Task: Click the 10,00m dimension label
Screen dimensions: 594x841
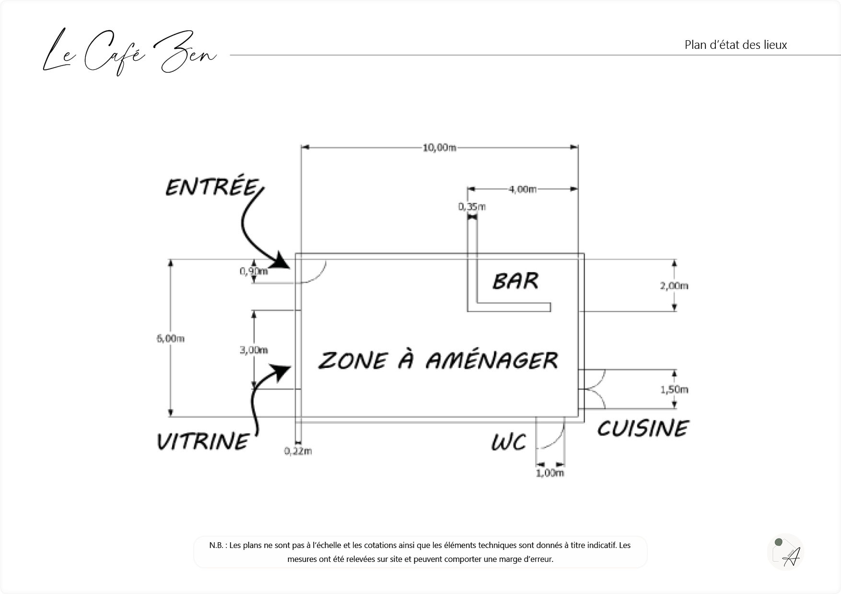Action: pos(439,148)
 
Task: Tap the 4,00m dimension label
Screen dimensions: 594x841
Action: pos(523,189)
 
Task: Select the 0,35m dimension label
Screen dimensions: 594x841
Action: pos(472,207)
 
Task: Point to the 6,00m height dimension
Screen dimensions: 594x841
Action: pos(170,338)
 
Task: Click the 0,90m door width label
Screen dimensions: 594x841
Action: pos(253,271)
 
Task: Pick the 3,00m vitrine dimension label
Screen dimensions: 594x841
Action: pos(254,350)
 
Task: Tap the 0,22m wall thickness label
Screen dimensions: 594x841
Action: pos(298,451)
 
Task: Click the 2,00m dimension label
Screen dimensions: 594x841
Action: pos(674,286)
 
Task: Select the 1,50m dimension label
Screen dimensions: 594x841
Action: pos(674,389)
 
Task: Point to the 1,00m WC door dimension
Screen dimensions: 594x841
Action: pos(549,473)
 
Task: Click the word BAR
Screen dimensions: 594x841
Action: pos(515,281)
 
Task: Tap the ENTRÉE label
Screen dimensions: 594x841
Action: pos(212,187)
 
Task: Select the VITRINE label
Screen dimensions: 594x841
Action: pos(203,441)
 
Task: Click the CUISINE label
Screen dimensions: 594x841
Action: pos(642,428)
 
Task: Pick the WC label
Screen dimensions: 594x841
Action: pos(509,442)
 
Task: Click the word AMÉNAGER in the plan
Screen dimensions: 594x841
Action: pos(492,360)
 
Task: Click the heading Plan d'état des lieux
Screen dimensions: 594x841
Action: pos(736,45)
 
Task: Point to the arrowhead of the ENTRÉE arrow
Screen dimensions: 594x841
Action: pos(282,263)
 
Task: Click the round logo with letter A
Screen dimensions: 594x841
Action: pos(785,552)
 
